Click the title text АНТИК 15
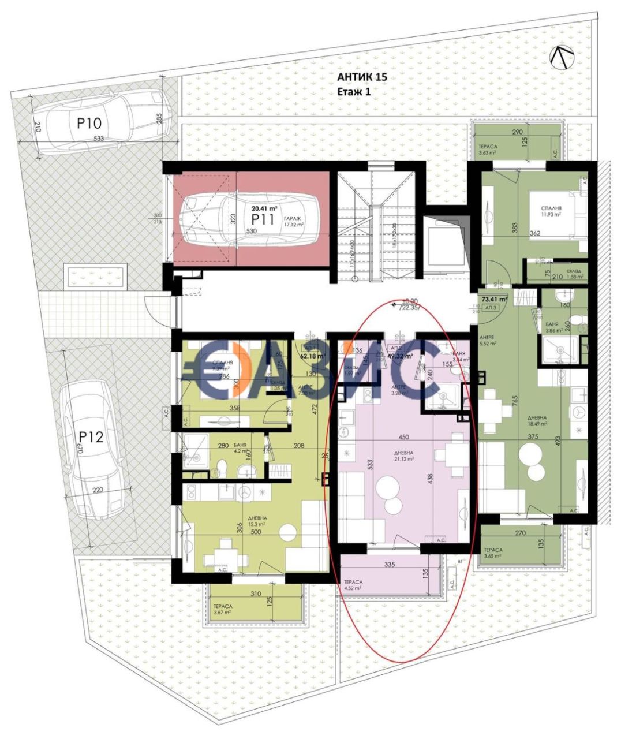tap(362, 77)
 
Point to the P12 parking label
tap(91, 436)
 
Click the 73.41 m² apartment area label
tap(495, 299)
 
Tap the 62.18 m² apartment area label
tap(312, 356)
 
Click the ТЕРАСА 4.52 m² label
tap(353, 585)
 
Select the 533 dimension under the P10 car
tap(98, 139)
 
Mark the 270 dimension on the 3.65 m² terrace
tap(520, 533)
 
